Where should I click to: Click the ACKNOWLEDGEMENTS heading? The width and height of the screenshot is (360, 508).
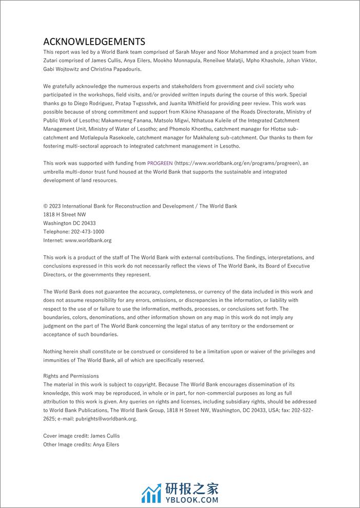coord(94,42)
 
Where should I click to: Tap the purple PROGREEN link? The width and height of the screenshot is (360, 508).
coord(159,162)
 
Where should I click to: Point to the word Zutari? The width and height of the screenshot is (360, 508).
coord(52,60)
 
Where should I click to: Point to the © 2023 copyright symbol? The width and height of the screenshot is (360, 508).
coord(46,206)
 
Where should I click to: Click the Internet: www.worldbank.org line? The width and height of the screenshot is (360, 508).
coord(77,240)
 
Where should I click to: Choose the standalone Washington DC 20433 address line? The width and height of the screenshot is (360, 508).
coord(69,223)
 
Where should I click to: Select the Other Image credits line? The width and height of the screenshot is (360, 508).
coord(81,444)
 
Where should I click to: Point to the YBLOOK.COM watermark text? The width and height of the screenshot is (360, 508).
coord(191,500)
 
